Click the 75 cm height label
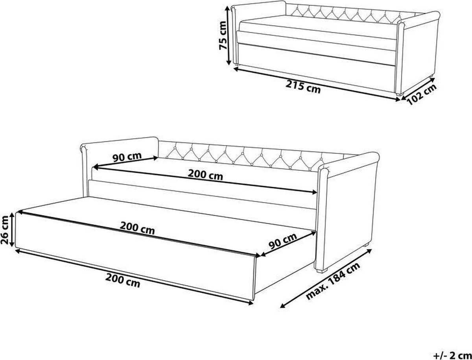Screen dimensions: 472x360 click(223, 36)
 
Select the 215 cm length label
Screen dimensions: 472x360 click(303, 87)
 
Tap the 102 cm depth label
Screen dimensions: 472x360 click(422, 94)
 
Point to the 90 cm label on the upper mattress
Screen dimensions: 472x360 click(127, 157)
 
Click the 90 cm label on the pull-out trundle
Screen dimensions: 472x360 click(283, 241)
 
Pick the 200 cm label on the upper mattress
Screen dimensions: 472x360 click(205, 174)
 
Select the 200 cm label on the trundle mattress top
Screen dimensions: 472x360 click(137, 228)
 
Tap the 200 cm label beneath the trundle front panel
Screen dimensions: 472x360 click(123, 281)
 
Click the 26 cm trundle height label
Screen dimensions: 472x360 click(5, 230)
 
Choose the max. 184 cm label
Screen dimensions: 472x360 click(333, 281)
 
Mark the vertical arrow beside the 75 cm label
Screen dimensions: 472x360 click(229, 36)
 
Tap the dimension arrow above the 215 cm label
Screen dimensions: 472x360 click(317, 84)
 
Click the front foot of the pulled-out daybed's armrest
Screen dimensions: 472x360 click(321, 270)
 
